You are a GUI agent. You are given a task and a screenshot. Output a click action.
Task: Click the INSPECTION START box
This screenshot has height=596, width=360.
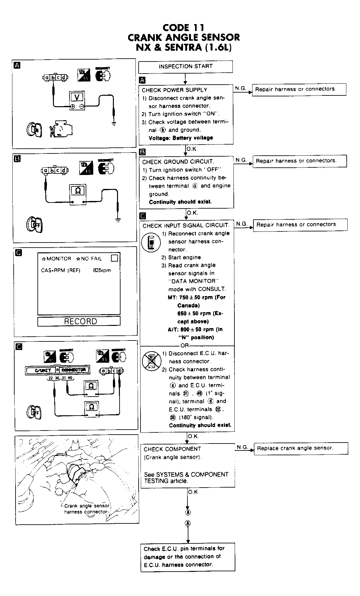pyautogui.click(x=186, y=67)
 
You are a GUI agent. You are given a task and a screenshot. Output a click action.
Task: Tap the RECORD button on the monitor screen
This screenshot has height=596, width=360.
pyautogui.click(x=79, y=321)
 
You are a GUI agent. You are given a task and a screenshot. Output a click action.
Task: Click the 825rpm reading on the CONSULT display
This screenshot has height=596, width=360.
pyautogui.click(x=102, y=270)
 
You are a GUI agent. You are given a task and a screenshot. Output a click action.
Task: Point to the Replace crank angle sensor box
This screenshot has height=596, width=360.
pyautogui.click(x=301, y=448)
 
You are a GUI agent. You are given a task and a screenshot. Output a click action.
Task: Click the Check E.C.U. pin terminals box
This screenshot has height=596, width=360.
pyautogui.click(x=188, y=557)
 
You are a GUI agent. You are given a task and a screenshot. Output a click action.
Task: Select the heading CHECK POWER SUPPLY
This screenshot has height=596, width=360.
pyautogui.click(x=175, y=90)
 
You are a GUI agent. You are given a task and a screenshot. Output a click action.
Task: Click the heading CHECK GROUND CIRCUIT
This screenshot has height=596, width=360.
pyautogui.click(x=178, y=162)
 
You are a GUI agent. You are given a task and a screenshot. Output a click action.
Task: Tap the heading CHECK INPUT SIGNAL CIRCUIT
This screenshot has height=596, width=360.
pyautogui.click(x=186, y=226)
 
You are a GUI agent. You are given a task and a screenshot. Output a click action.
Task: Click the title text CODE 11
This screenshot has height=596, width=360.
pyautogui.click(x=184, y=28)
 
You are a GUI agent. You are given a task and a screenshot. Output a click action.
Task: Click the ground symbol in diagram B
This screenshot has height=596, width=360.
pyautogui.click(x=118, y=220)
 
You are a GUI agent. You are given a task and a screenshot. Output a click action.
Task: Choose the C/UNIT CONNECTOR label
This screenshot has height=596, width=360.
pyautogui.click(x=57, y=370)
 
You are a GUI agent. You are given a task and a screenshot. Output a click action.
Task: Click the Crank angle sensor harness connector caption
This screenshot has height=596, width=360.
pyautogui.click(x=86, y=509)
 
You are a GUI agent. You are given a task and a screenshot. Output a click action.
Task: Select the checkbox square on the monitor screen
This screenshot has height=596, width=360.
pyautogui.click(x=115, y=258)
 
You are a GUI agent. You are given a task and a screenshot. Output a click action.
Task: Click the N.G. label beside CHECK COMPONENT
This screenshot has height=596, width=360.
pyautogui.click(x=242, y=447)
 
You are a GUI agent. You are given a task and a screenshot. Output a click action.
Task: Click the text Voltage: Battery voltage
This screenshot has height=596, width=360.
pyautogui.click(x=181, y=138)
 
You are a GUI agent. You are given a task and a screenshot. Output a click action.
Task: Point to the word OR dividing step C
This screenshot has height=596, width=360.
pyautogui.click(x=184, y=346)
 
